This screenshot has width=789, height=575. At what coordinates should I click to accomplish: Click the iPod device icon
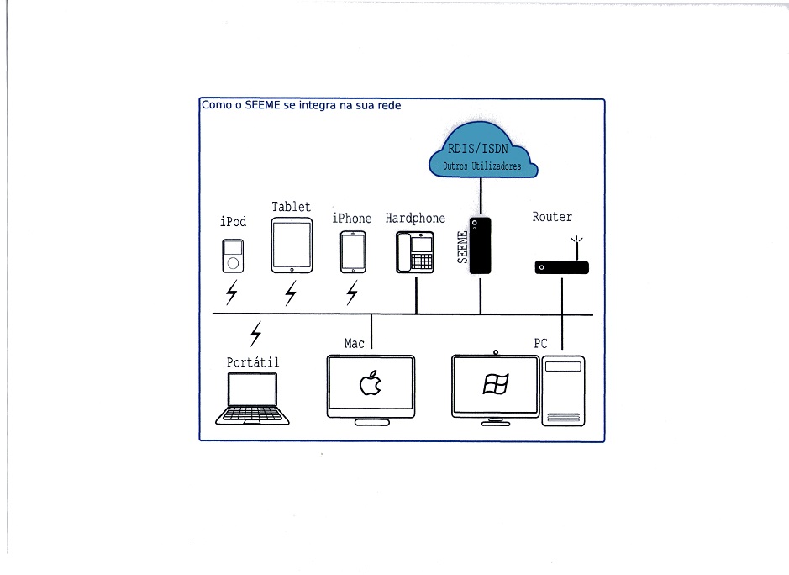234,256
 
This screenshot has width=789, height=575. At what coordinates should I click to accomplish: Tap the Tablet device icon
292,245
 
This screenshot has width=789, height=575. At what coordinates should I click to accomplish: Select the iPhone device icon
353,251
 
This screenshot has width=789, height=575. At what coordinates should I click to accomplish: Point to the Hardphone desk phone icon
415,252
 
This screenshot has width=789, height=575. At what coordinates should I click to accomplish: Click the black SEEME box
480,245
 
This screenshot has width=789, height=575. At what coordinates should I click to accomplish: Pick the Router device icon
561,267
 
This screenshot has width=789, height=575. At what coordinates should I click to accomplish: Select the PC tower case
563,391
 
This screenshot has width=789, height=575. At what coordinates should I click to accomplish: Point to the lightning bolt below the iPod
232,293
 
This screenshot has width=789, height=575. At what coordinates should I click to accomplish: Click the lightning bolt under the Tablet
291,293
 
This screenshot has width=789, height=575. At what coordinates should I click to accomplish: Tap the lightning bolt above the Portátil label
256,334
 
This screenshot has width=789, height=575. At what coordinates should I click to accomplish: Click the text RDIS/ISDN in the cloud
482,150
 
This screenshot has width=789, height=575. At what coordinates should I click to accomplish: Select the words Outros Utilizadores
482,166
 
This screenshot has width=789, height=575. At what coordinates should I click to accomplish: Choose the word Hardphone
415,219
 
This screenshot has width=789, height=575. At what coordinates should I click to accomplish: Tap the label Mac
355,343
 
